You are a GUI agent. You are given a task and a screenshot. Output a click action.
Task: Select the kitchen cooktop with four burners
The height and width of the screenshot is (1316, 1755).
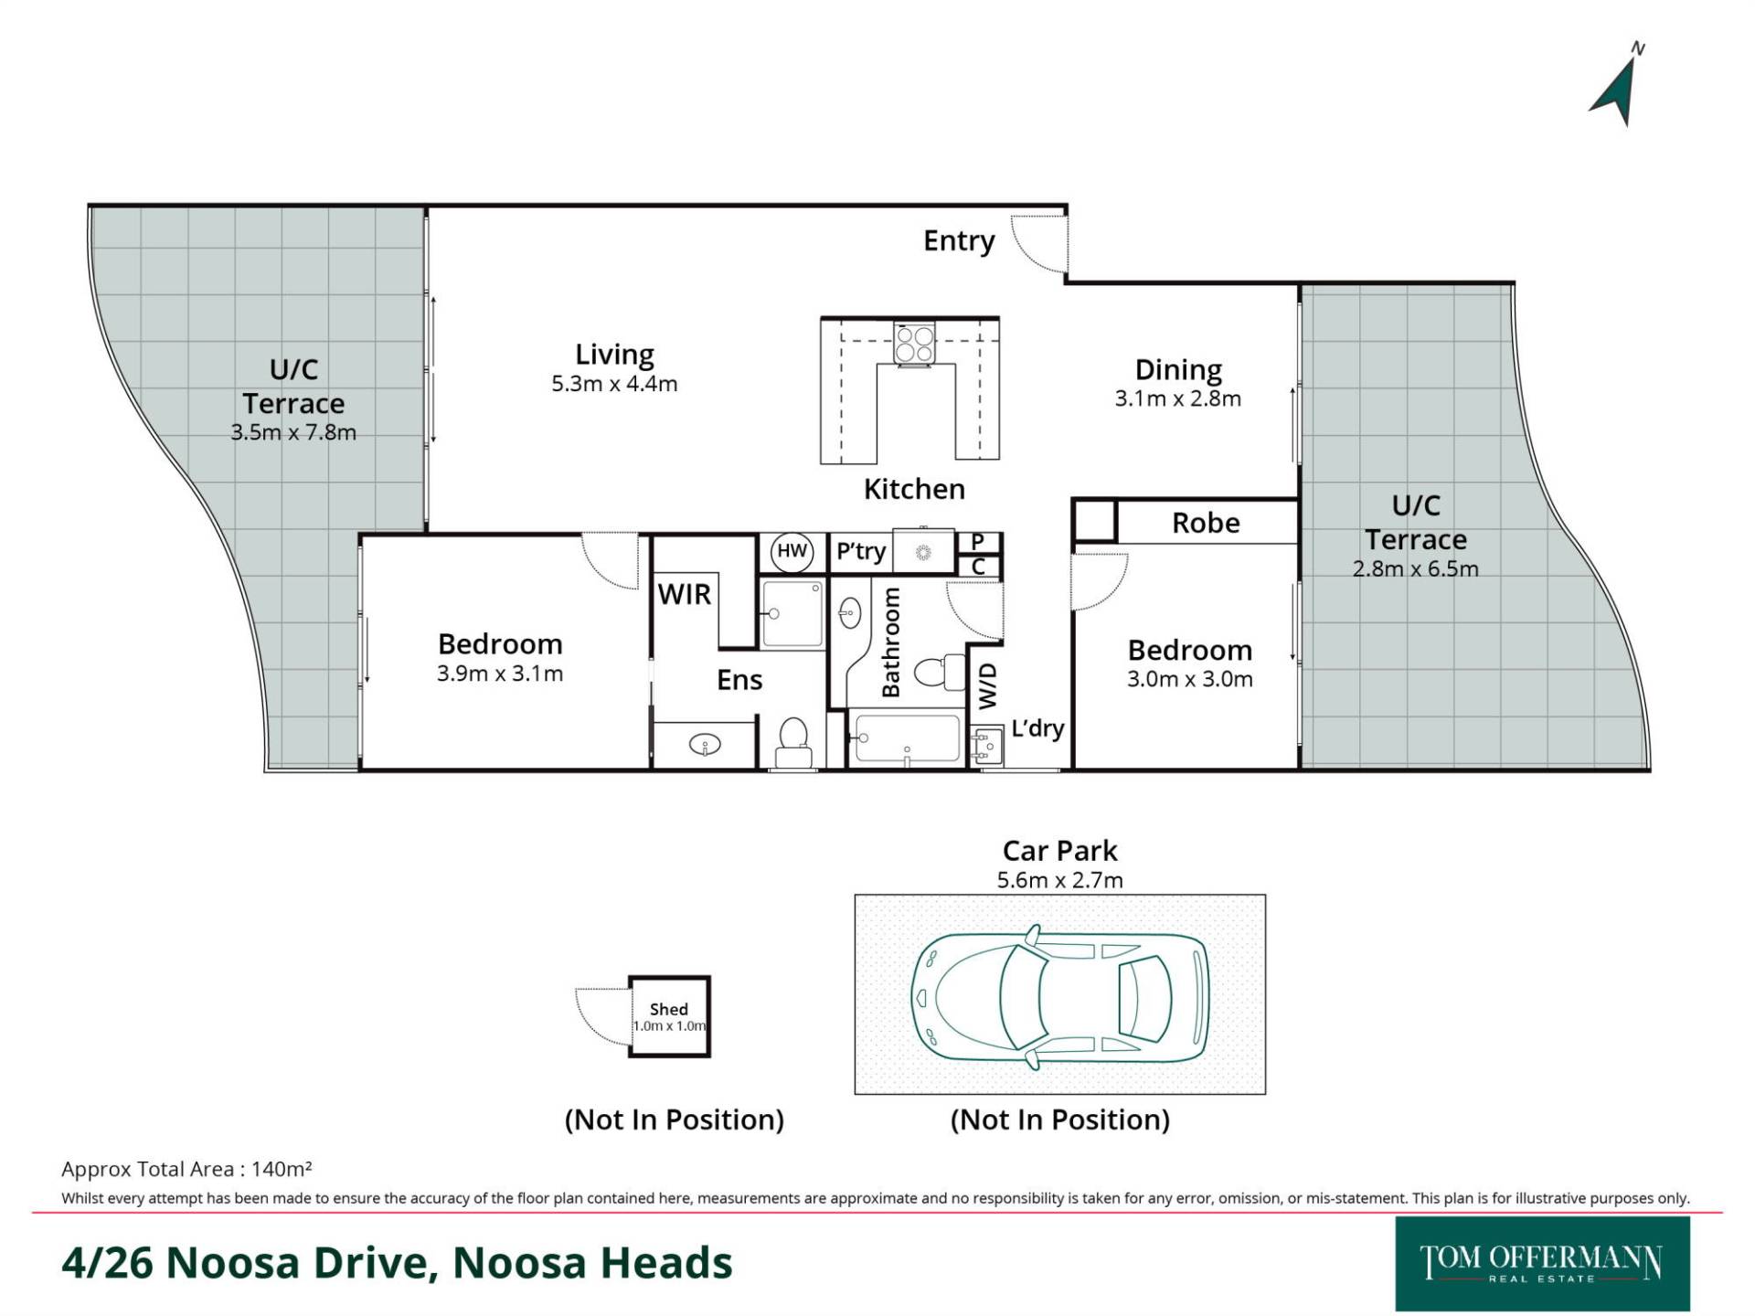[914, 344]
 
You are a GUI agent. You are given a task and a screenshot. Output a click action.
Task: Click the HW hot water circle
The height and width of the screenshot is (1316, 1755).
[792, 551]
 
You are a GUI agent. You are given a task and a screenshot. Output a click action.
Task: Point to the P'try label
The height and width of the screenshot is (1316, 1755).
[861, 552]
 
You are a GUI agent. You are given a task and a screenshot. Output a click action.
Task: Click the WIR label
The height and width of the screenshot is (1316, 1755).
[684, 594]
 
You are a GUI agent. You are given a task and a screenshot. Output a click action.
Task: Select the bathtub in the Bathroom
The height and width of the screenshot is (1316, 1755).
[906, 738]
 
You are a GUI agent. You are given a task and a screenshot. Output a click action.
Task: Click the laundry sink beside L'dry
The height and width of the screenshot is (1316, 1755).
[986, 745]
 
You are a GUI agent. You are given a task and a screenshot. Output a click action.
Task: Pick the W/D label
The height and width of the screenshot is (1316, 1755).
[987, 686]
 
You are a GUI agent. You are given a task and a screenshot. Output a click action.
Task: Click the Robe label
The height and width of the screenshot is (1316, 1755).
[1206, 523]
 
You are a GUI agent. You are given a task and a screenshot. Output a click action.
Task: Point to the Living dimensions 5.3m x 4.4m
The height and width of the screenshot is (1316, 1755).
[614, 384]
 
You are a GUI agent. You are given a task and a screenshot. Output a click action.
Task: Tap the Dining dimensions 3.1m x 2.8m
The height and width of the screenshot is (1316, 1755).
[1177, 398]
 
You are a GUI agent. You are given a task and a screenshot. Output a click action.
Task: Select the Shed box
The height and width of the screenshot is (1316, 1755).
[669, 1016]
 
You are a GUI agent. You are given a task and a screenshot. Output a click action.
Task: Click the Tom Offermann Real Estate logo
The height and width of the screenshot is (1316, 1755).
[1542, 1264]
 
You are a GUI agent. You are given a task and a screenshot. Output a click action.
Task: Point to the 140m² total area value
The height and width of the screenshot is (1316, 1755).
[282, 1169]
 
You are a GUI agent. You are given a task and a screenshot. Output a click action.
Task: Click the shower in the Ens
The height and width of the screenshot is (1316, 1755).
[792, 613]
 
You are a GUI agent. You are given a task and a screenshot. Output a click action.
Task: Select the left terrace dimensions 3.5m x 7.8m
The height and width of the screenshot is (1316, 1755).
[293, 432]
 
